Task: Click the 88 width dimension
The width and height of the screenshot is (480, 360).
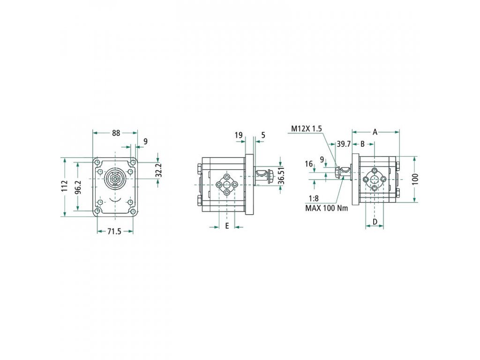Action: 116,133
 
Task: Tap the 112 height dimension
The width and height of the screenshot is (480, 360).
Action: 64,187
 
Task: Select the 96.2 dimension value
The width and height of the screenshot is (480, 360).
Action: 78,187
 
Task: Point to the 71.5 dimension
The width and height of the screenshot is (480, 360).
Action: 114,232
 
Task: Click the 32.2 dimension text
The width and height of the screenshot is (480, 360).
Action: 158,170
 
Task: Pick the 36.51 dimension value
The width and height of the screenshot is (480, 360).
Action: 281,175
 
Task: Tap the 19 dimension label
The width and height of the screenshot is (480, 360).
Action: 239,135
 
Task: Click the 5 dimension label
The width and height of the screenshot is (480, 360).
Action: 263,135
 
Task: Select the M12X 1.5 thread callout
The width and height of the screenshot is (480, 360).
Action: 307,128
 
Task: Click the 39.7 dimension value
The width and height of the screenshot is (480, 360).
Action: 344,144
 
